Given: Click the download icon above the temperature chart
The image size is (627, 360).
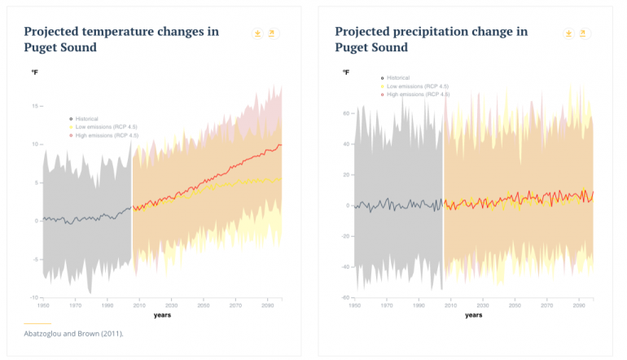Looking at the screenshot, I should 257,33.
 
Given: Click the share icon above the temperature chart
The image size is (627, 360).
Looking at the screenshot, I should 272,33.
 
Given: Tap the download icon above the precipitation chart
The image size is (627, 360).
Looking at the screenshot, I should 568,33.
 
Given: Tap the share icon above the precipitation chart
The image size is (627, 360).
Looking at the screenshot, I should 583,33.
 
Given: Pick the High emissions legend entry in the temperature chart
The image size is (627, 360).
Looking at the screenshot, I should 100,134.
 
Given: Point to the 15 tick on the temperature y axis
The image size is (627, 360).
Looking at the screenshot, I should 36,106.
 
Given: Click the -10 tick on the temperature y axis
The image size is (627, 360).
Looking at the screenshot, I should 35,297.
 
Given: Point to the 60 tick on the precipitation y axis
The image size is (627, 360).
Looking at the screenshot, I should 346,113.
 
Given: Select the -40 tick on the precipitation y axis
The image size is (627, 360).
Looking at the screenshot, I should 345,266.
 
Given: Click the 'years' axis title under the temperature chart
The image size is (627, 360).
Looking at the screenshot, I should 162,314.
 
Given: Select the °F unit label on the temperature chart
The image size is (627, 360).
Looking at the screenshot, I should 35,72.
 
